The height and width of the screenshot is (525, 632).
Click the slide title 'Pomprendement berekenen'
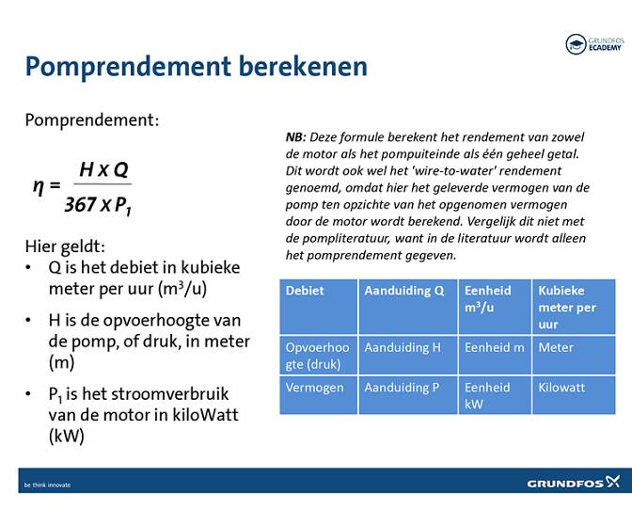click(x=196, y=67)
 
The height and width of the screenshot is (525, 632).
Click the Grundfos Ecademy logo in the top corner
click(x=593, y=43)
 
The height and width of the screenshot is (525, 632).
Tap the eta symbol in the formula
click(x=39, y=184)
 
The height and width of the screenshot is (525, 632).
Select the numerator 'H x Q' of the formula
click(x=103, y=169)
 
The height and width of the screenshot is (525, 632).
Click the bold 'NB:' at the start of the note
click(x=295, y=136)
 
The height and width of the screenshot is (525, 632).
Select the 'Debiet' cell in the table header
click(x=305, y=291)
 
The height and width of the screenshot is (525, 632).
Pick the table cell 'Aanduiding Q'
click(x=404, y=291)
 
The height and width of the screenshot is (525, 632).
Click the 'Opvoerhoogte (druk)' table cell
click(x=318, y=356)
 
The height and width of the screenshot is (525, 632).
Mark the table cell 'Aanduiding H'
click(x=403, y=347)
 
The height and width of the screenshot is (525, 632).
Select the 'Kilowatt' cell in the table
click(x=561, y=387)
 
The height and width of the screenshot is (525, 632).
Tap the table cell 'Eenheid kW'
click(x=487, y=395)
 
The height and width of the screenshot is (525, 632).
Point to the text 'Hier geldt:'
click(x=65, y=247)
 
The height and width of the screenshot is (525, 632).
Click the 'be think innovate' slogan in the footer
click(x=47, y=485)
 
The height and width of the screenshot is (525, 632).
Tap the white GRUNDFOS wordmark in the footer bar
click(x=563, y=484)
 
